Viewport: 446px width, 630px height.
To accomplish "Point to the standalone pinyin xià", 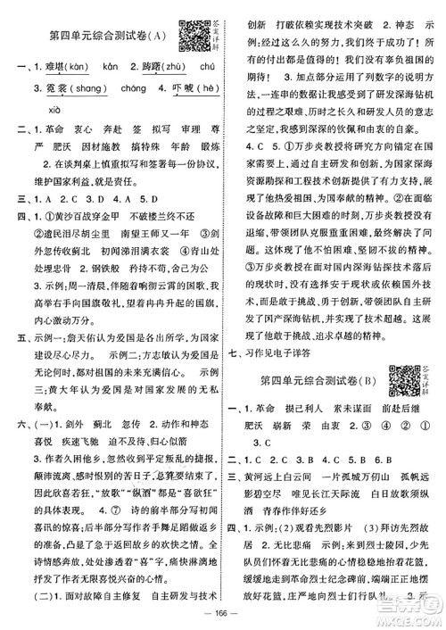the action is (54, 109).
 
